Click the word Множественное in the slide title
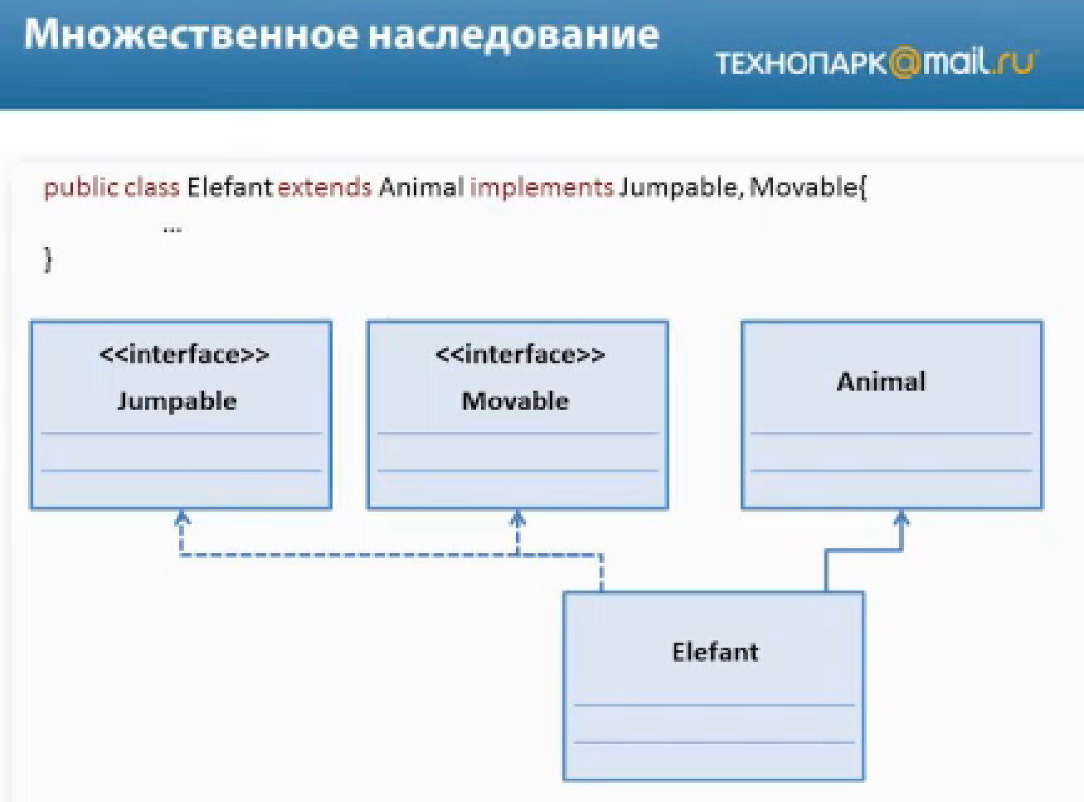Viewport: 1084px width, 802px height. tap(190, 35)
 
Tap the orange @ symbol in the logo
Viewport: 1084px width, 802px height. tap(906, 63)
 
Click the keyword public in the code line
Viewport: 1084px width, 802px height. tap(80, 187)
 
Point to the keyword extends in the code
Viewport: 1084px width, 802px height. tap(324, 187)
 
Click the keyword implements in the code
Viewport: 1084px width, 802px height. tap(542, 187)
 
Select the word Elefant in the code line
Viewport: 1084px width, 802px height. tap(229, 187)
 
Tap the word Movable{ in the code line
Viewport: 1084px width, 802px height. tap(808, 187)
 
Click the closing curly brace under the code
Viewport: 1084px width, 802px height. tap(48, 260)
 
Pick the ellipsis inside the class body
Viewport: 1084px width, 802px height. tap(173, 227)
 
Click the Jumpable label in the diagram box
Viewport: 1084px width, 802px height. tap(177, 401)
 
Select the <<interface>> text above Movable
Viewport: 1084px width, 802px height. tap(520, 355)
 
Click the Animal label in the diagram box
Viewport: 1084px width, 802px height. tap(881, 382)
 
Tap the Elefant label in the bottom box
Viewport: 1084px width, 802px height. tap(715, 652)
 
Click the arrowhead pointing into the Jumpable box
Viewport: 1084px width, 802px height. tap(182, 518)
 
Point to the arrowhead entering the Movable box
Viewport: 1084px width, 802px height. tap(518, 518)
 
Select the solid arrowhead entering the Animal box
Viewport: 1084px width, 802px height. tap(902, 518)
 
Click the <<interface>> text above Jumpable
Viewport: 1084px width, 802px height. tap(184, 355)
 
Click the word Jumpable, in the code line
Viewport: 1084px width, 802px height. tap(678, 187)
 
